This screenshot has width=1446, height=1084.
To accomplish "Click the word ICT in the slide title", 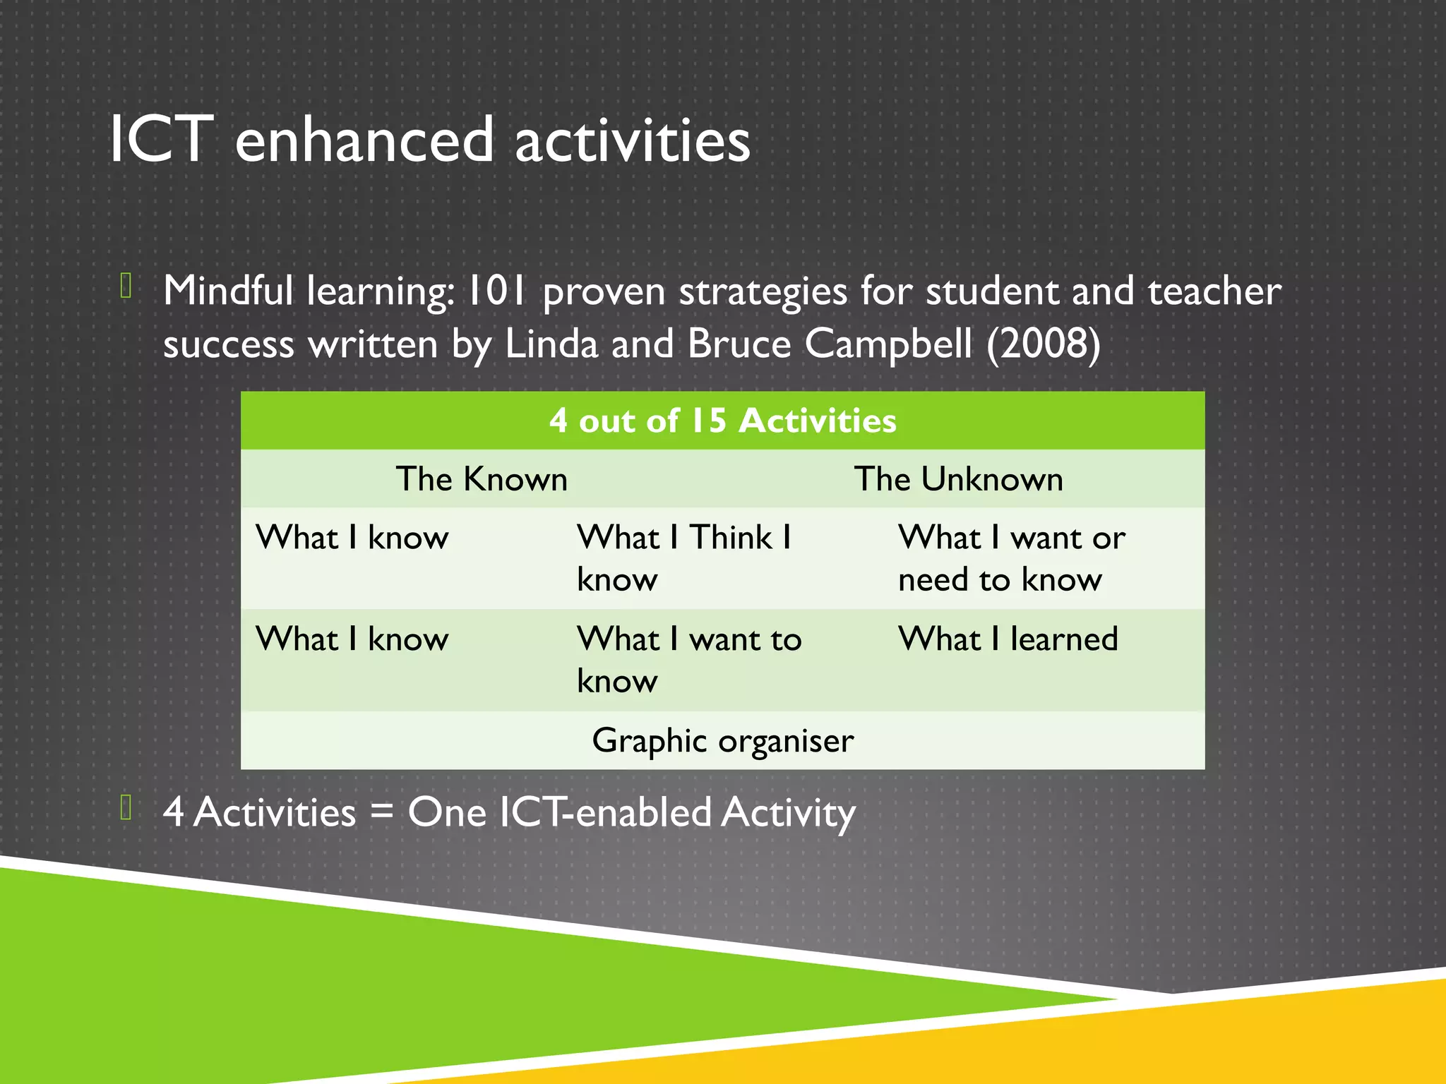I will pos(161,140).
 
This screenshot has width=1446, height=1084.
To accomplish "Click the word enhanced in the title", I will pos(364,140).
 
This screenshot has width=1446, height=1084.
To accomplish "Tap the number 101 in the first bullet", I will pos(497,291).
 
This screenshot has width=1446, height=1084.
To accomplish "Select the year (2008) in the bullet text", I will pos(1043,344).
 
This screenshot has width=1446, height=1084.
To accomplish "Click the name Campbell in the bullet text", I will pos(888,344).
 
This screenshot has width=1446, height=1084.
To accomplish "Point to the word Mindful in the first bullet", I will pos(227,291).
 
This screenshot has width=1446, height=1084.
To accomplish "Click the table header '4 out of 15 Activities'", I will pos(722,421).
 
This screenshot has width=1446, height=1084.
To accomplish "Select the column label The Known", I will pos(482,479).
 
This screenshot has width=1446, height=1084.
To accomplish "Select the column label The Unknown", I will pos(958,479).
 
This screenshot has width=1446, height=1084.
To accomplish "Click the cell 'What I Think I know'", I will pos(683,558).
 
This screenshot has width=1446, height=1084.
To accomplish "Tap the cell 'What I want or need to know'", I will pos(1011,558).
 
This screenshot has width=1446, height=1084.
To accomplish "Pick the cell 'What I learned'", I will pos(1008,639).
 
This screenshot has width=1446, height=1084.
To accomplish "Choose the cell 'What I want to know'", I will pos(688,659).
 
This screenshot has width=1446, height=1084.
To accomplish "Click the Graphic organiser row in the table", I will pos(722,740).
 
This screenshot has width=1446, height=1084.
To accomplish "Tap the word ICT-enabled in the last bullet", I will pos(605,812).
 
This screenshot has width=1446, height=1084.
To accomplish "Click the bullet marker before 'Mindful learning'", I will pos(126,286).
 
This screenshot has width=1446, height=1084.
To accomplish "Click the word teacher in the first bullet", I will pos(1214,291).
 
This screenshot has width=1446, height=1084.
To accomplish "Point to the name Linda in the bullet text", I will pos(551,344).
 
